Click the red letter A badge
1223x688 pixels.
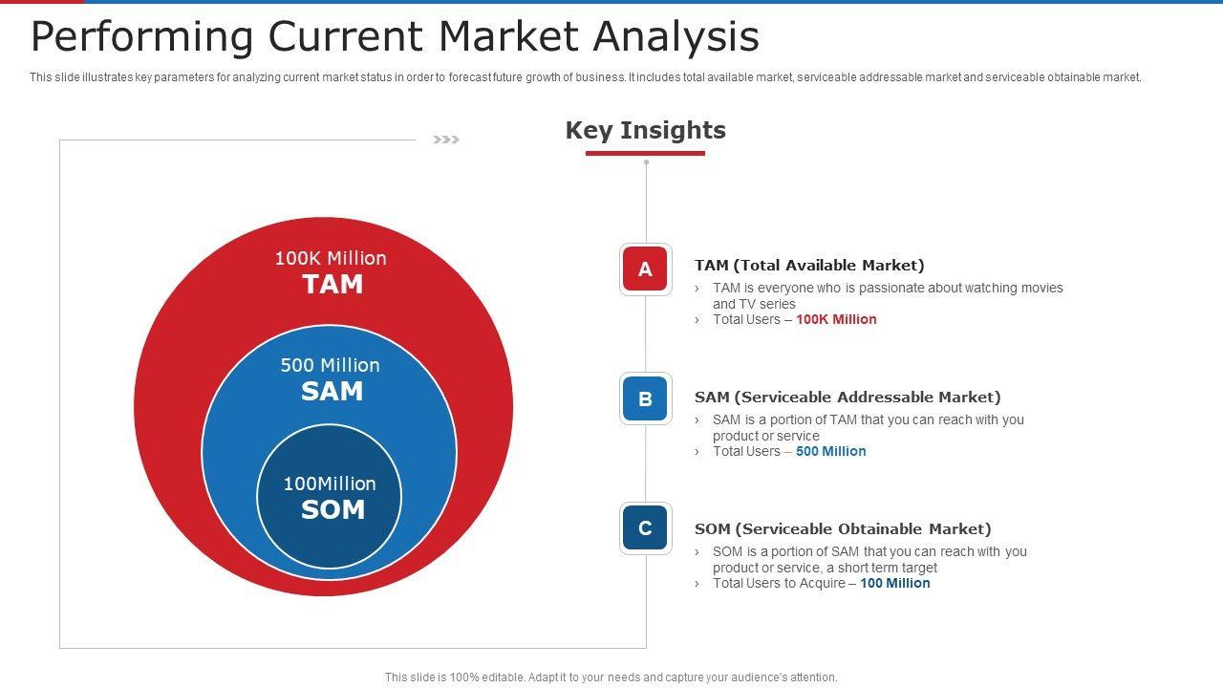click(x=645, y=269)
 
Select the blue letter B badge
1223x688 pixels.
click(x=645, y=398)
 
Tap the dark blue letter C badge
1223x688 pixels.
click(x=645, y=528)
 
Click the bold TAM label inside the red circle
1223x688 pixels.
click(x=333, y=284)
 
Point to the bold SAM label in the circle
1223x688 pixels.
click(x=332, y=391)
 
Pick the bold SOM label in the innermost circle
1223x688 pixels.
click(x=333, y=509)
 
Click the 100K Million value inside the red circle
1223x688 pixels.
click(x=331, y=258)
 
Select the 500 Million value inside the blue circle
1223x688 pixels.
click(x=330, y=365)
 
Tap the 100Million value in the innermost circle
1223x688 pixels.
click(x=330, y=484)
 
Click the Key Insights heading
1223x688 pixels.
click(x=645, y=131)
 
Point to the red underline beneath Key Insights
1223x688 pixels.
click(x=645, y=154)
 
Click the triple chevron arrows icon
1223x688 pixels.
click(x=446, y=140)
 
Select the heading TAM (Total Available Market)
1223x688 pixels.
click(x=809, y=266)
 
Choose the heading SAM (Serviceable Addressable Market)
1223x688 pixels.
click(x=848, y=397)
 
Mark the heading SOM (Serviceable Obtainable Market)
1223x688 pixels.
click(x=843, y=529)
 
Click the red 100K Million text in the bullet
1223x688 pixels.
click(x=836, y=319)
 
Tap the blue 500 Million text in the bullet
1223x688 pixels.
click(x=830, y=451)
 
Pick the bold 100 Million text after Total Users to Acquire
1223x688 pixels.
click(x=895, y=583)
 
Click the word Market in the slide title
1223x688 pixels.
click(x=508, y=36)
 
